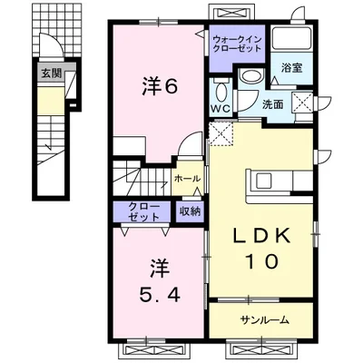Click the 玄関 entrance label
coord(52,74)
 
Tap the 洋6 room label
coord(160,87)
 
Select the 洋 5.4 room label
coord(160,280)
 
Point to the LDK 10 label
coord(261,249)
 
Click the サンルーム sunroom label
coord(265,319)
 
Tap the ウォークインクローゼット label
coord(237,44)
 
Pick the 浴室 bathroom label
coord(292,68)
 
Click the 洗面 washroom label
coord(273,104)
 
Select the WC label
coord(221,108)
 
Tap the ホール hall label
coord(188,179)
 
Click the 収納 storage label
coord(191,211)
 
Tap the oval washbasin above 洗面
coord(252,75)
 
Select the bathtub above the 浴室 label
coord(292,39)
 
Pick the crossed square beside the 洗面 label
coord(302,102)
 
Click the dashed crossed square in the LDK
coord(221,132)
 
